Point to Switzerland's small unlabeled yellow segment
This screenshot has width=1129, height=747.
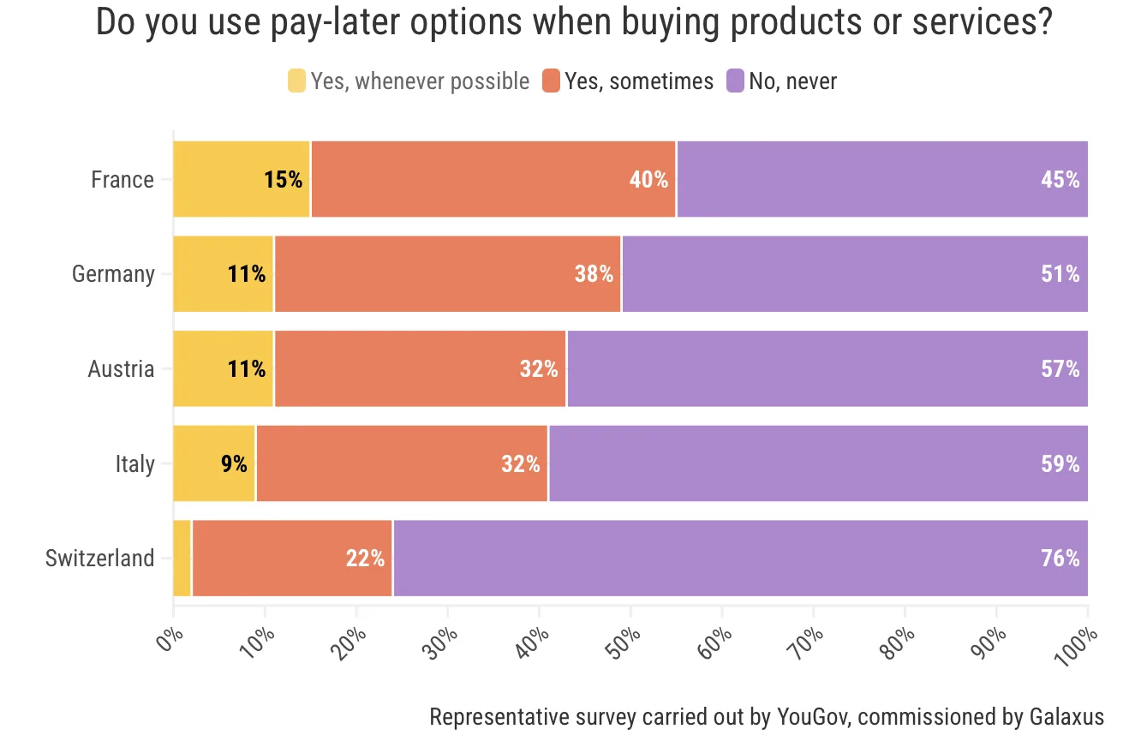[182, 558]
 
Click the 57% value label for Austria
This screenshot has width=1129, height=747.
[1060, 369]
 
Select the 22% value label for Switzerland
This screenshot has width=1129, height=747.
[365, 559]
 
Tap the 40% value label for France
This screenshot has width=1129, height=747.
[648, 180]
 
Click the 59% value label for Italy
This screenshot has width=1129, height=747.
[1060, 464]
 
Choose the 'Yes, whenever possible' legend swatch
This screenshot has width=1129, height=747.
[296, 81]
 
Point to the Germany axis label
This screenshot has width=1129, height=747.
[113, 274]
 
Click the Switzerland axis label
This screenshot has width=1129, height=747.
[99, 559]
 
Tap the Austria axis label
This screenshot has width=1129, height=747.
[121, 369]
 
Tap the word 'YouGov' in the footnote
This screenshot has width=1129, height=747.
[813, 716]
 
